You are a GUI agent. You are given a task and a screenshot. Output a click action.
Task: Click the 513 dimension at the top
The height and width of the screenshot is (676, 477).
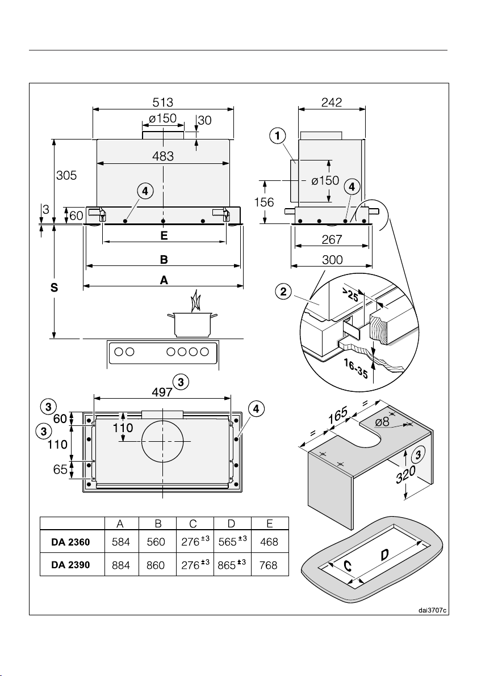pos(163,102)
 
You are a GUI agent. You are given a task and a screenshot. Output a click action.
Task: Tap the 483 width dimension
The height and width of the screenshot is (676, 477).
pos(163,156)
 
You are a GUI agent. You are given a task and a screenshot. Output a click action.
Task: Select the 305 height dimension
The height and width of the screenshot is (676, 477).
pos(66,175)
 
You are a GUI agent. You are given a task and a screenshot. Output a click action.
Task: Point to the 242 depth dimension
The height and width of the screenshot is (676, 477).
pos(332,102)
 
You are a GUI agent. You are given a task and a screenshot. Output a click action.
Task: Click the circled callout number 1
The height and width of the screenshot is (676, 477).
pos(278,136)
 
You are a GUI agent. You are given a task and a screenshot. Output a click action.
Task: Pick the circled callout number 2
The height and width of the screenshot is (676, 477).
pos(283,292)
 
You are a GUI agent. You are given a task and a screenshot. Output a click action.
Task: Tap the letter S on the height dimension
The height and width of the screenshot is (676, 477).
pos(54,288)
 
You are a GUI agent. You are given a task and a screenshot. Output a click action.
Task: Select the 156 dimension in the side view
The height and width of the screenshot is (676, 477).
pos(264,202)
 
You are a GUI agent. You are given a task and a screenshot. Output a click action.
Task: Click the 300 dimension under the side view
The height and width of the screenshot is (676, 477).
pos(332,260)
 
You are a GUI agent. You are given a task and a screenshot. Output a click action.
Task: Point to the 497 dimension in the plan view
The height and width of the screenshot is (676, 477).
pos(162,392)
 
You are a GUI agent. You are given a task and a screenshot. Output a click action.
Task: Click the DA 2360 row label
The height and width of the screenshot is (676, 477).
pos(70,542)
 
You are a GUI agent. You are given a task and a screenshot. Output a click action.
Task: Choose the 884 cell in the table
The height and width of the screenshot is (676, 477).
pos(121,565)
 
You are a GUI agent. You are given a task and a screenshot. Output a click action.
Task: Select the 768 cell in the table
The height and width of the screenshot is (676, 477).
pos(269,565)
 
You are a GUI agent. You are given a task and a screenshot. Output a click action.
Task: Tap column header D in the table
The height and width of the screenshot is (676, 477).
pos(231,523)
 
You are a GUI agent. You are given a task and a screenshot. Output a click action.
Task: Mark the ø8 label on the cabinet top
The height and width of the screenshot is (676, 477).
pos(383,421)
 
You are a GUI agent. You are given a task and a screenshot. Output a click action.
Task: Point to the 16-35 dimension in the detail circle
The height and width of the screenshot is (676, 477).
pos(355,369)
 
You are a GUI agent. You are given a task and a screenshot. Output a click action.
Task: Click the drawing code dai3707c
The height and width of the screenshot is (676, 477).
pos(432,610)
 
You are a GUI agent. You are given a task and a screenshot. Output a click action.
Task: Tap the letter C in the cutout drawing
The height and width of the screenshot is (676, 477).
pos(348,565)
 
